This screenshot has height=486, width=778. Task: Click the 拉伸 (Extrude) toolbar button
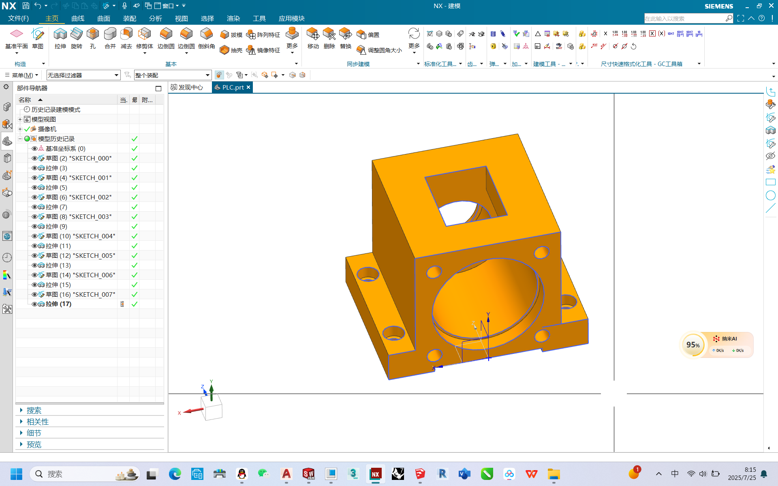point(60,38)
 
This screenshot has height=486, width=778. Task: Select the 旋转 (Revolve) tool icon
point(77,38)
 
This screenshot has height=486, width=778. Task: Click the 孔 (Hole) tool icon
point(93,38)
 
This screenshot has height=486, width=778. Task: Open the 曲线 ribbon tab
point(77,18)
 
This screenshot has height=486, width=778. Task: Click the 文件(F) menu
point(18,18)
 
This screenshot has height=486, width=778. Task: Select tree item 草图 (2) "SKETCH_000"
point(78,158)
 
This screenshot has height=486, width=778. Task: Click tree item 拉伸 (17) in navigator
point(58,304)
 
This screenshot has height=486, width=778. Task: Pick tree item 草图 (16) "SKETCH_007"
point(80,294)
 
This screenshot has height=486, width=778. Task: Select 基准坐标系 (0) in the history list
point(65,148)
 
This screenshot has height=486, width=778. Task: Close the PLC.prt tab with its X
point(248,87)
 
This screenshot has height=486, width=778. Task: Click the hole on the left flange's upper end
point(368,274)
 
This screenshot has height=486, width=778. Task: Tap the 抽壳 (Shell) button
point(231,50)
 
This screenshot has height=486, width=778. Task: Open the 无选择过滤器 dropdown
point(83,75)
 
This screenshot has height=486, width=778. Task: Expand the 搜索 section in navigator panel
point(34,410)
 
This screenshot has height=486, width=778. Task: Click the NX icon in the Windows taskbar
point(375,474)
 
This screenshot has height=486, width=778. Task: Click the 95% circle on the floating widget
point(693,345)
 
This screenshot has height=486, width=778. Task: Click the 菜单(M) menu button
point(22,75)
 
